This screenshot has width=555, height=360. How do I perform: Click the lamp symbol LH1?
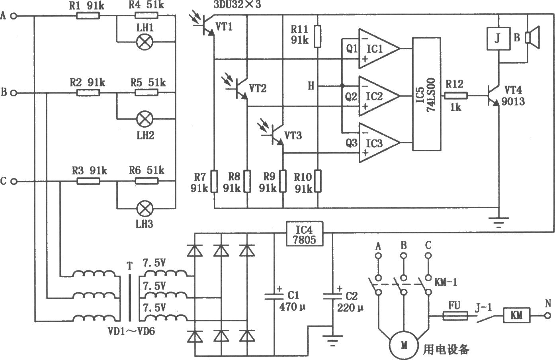tap(145, 42)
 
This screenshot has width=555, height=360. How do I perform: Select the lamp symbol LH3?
tap(145, 209)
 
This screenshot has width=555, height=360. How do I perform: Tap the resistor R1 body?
tap(88, 16)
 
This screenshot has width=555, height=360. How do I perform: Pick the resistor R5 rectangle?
tap(147, 93)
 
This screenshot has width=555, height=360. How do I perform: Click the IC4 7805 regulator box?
tap(305, 234)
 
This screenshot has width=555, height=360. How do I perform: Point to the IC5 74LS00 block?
tap(427, 94)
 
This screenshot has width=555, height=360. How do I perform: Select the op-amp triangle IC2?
tap(379, 96)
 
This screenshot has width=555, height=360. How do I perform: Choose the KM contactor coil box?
tap(517, 315)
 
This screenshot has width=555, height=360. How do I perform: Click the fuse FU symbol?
tap(455, 316)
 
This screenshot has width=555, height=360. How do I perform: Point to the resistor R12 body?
tap(456, 96)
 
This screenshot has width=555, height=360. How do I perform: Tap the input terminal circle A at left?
tap(14, 16)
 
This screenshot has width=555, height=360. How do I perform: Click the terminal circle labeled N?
tap(547, 316)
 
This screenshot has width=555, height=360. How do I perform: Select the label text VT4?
tap(513, 90)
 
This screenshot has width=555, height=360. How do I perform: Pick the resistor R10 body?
tap(318, 181)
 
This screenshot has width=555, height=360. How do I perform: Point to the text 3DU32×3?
tap(237, 4)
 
